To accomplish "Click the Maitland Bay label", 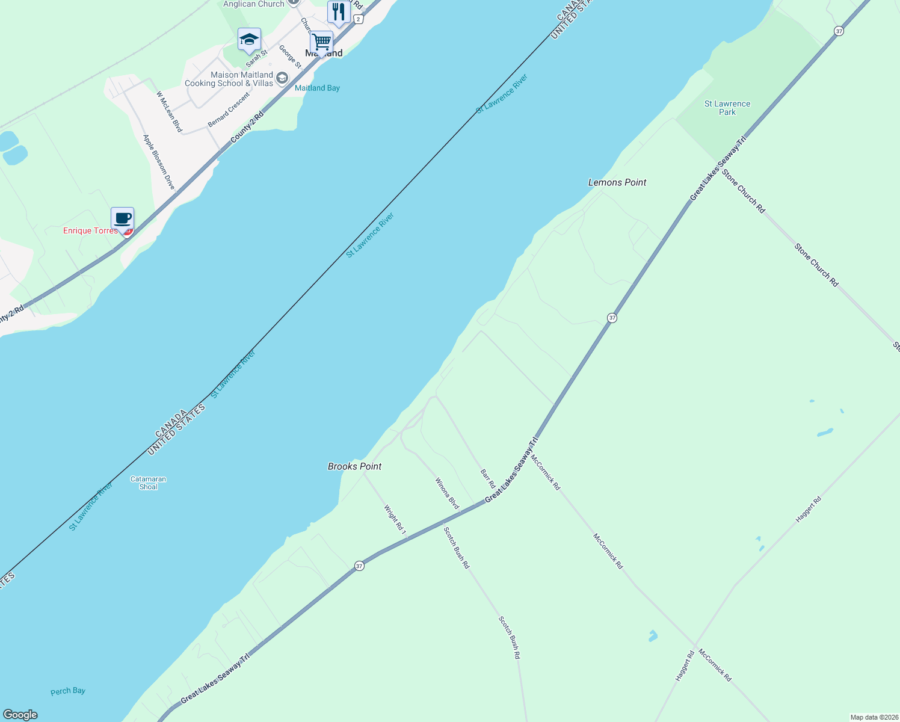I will tap(317, 88).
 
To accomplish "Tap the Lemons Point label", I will tap(617, 182).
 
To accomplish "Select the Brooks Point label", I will tap(354, 466).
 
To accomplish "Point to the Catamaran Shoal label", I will tap(148, 483).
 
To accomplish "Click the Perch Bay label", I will tap(68, 691).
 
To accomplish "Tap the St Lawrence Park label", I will tap(727, 108).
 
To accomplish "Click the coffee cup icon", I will tap(122, 219).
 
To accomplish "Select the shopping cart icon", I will tap(322, 43).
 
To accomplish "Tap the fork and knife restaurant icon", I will tap(339, 12).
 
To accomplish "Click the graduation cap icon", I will tap(249, 40).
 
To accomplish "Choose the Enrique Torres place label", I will tap(91, 230).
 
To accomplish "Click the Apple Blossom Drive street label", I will tap(159, 162).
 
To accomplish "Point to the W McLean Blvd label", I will tap(169, 111).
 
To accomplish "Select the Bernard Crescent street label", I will tap(229, 110).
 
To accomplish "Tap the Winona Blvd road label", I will tap(447, 493).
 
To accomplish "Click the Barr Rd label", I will tap(488, 478).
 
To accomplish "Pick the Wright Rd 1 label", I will tap(395, 520).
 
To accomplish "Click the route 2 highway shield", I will tap(359, 19).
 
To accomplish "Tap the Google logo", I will tap(20, 715).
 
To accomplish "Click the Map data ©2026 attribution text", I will tap(874, 717).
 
